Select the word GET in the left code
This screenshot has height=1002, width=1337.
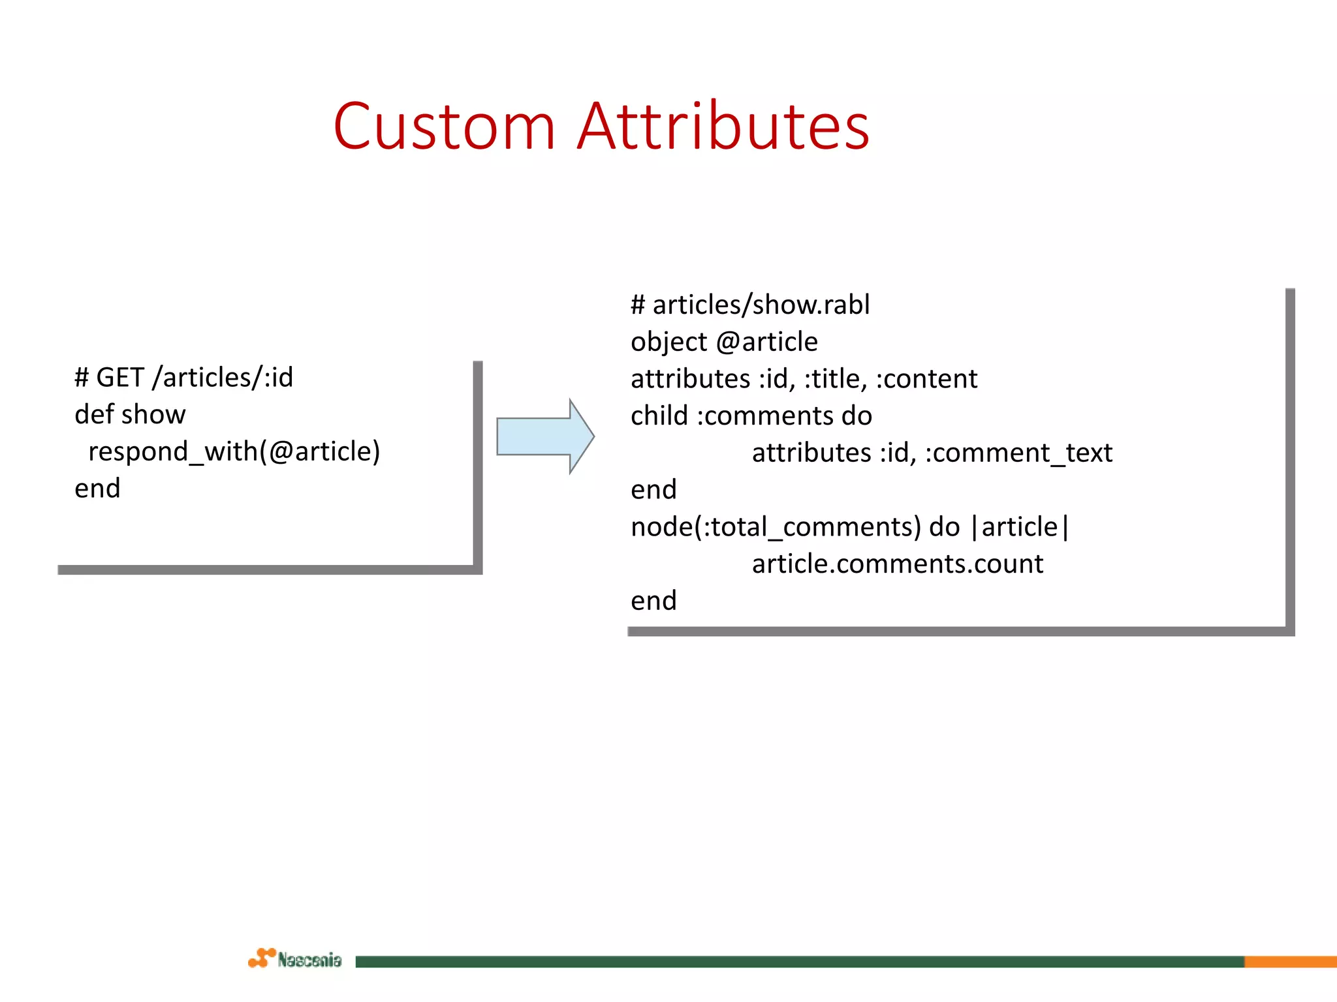[120, 378]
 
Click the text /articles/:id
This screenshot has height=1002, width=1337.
[223, 378]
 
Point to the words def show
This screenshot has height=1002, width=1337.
[130, 415]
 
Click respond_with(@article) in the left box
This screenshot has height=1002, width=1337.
[234, 451]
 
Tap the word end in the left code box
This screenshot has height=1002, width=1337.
[97, 489]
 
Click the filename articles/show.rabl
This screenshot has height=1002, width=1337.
[761, 305]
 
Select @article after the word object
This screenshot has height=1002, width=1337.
[766, 342]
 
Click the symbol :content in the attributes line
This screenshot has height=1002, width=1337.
[926, 379]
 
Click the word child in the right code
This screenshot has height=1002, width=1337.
[659, 416]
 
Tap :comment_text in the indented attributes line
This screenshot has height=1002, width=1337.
[1018, 453]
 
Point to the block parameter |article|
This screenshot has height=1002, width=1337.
[1020, 526]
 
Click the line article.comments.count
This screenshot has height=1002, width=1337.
[897, 564]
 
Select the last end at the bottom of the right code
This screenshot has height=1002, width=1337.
[653, 601]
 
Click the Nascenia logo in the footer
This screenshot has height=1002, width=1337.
[295, 959]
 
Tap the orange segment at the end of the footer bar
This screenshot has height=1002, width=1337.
[1290, 962]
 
